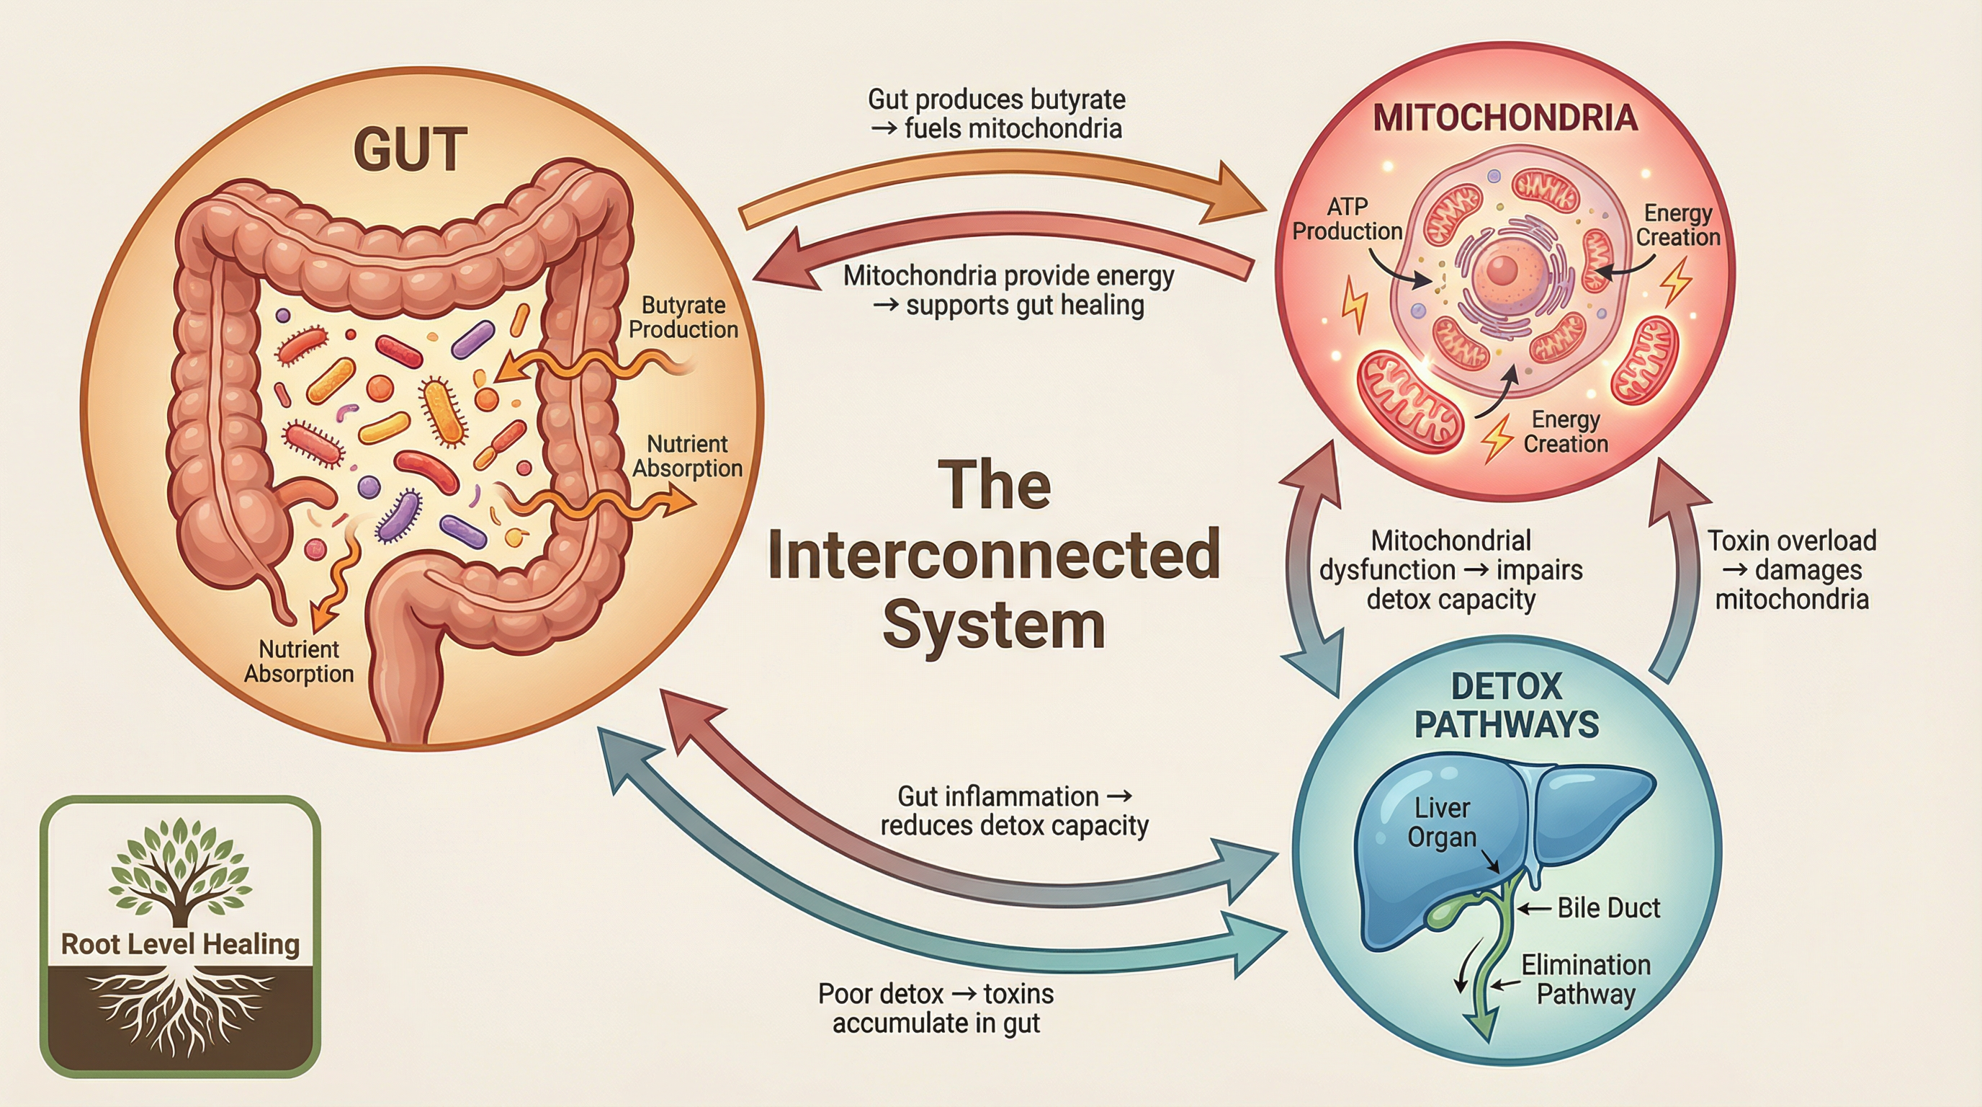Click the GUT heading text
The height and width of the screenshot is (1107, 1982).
coord(410,150)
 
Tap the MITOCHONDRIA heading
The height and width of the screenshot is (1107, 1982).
coord(1505,117)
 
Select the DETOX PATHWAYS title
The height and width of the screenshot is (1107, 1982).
coord(1507,705)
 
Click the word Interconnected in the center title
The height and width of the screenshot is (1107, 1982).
coord(993,554)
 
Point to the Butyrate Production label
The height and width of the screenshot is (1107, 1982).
coord(683,317)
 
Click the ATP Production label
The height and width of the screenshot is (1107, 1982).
coord(1347,218)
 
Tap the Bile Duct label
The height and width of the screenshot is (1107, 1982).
coord(1608,908)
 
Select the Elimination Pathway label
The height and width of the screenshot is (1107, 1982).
coord(1585,979)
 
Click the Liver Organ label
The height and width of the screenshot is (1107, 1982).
coord(1441,822)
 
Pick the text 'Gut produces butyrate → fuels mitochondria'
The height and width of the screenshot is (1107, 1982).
coord(996,114)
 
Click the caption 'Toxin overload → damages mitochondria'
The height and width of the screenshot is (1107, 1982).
coord(1792,569)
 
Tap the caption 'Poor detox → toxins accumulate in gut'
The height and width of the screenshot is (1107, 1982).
coord(936,1008)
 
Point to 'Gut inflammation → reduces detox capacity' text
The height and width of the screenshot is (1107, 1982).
coord(1014,811)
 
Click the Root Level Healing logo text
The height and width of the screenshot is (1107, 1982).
coord(180,944)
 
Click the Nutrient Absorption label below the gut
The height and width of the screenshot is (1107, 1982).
coord(299,662)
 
